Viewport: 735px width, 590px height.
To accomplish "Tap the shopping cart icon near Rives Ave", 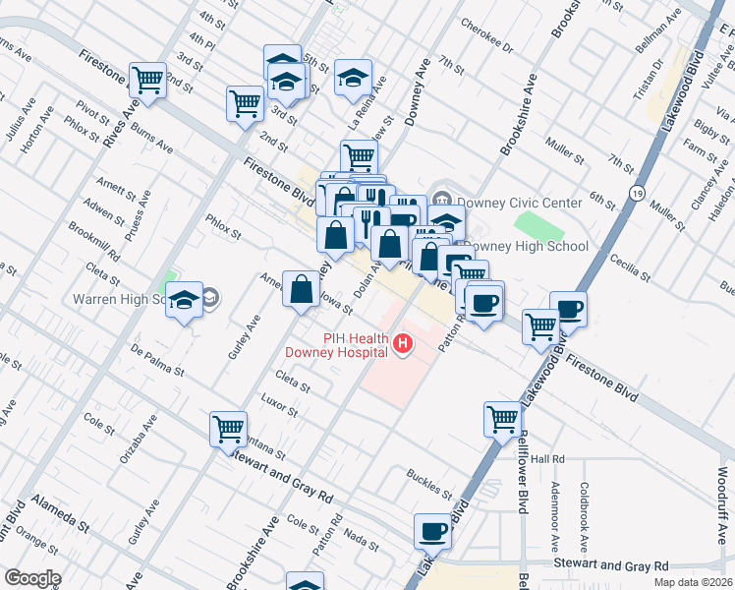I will pyautogui.click(x=148, y=80).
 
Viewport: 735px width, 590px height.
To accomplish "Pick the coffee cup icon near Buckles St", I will pyautogui.click(x=431, y=531).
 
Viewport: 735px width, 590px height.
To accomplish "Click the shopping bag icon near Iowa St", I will pyautogui.click(x=301, y=289).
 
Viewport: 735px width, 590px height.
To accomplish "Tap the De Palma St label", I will pyautogui.click(x=159, y=359).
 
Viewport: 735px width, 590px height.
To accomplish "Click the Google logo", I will pyautogui.click(x=32, y=578).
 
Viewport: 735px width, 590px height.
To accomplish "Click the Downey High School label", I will pyautogui.click(x=526, y=247).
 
